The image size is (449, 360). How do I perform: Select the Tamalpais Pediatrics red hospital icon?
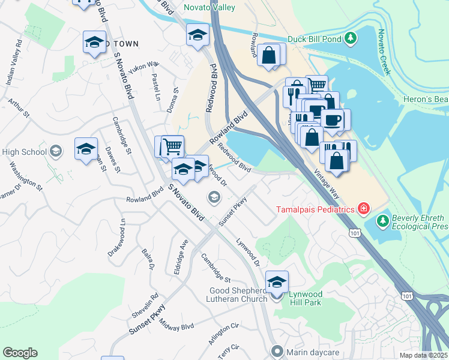363,209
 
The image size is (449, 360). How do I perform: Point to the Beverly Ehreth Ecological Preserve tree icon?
383,221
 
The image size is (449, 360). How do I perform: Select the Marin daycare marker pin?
276,351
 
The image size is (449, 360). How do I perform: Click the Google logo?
20,353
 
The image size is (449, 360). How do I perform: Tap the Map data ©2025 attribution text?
423,355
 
